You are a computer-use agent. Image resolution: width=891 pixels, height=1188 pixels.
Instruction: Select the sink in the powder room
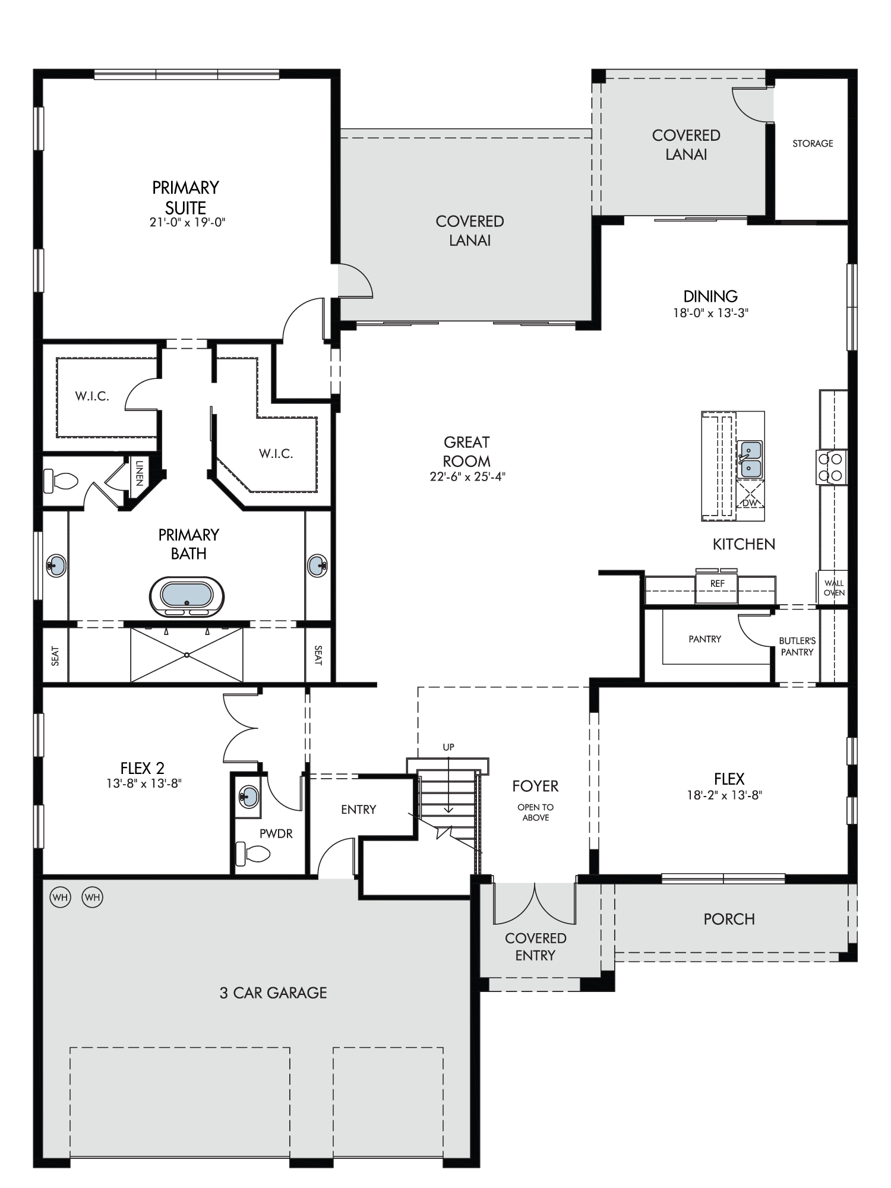coord(249,796)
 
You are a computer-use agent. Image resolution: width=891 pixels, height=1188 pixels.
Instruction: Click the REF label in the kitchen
coord(717,583)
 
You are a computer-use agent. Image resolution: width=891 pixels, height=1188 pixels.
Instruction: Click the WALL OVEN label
coord(834,587)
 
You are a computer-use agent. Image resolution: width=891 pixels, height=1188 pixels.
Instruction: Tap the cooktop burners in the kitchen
coord(832,466)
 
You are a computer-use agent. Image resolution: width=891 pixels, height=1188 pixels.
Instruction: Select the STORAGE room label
coord(813,143)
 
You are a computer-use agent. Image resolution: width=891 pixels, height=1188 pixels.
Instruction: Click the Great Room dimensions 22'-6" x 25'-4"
coord(467,476)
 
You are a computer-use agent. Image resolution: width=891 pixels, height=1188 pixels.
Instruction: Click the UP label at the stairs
coord(448,747)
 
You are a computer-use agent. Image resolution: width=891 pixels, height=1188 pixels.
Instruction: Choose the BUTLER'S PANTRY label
coord(797,646)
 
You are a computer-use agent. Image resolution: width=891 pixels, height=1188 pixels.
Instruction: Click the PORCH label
coord(729,919)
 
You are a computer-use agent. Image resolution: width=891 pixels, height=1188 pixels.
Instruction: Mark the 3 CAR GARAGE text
coord(273,993)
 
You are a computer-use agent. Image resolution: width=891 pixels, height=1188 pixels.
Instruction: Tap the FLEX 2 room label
coord(143,769)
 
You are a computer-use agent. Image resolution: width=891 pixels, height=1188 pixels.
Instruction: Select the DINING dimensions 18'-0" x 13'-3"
coord(710,312)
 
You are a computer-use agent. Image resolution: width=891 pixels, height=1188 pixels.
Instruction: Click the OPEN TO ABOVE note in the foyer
coord(535,812)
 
